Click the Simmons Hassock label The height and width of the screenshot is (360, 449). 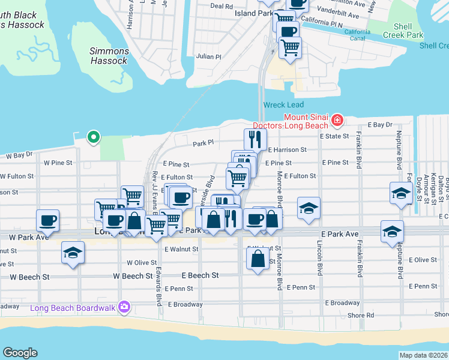click(109, 56)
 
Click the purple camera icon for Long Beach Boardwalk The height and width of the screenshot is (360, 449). click(124, 307)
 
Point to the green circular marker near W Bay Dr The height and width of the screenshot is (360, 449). click(93, 137)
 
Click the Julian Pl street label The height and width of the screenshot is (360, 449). click(209, 56)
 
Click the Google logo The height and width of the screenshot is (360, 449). click(20, 353)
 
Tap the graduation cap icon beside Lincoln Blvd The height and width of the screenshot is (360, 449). click(309, 207)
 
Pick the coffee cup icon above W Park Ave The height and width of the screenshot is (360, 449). click(47, 220)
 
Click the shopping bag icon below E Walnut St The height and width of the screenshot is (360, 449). click(258, 259)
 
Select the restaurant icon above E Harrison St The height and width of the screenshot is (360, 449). click(255, 139)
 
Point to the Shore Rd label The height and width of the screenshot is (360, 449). click(362, 315)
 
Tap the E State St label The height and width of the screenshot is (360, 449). click(338, 137)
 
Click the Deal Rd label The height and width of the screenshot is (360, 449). click(221, 6)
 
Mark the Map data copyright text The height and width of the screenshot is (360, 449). click(423, 355)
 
